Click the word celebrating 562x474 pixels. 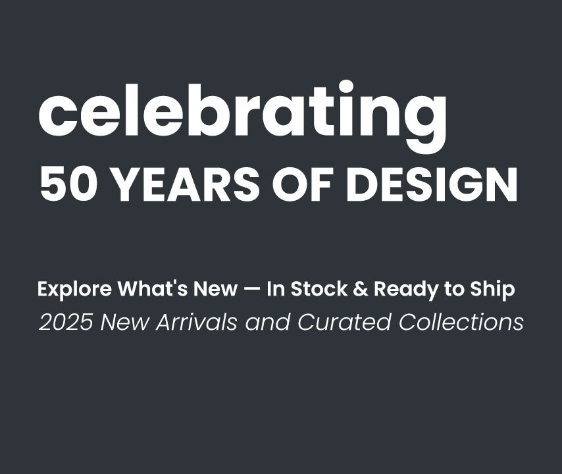tap(242, 116)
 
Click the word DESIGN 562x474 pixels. tap(432, 184)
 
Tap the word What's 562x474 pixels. tap(154, 288)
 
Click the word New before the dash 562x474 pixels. tap(215, 289)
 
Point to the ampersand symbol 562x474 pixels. tap(361, 289)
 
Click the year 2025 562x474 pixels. tap(66, 322)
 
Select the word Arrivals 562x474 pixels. tap(196, 322)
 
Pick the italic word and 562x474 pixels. tap(268, 322)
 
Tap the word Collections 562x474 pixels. tap(461, 322)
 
